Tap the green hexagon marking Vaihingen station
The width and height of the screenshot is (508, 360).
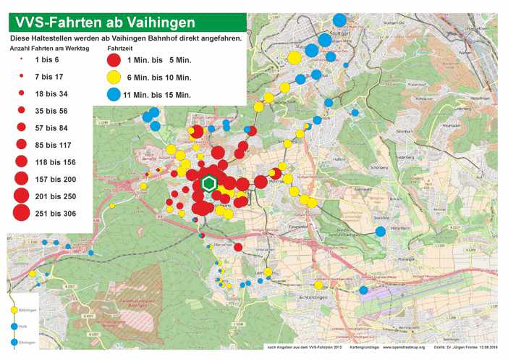[x=210, y=183]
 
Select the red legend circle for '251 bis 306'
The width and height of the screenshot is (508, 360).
[x=21, y=213]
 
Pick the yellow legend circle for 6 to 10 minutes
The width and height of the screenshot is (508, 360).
[x=113, y=77]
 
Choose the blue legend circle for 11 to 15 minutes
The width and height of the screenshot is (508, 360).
[x=113, y=94]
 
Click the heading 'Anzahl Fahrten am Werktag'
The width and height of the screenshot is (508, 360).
[x=48, y=48]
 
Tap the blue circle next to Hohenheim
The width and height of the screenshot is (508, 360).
[x=381, y=232]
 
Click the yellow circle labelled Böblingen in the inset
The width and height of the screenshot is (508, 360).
[x=14, y=310]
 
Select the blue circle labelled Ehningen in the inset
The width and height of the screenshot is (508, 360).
[x=14, y=341]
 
